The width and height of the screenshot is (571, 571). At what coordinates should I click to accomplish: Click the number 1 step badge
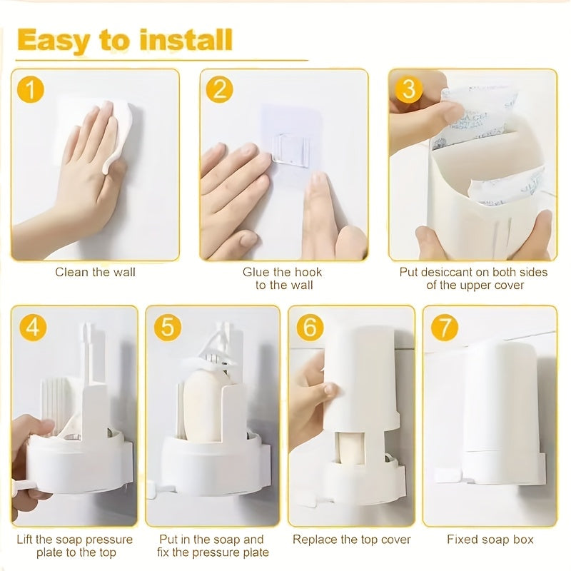[31, 90]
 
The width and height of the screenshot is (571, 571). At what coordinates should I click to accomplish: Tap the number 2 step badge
[219, 90]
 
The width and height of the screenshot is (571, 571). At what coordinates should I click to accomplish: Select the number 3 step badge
[408, 90]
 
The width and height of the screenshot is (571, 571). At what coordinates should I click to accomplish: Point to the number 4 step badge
[33, 327]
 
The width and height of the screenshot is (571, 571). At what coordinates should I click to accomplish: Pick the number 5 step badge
[167, 327]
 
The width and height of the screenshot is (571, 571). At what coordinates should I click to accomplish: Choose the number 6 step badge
[310, 327]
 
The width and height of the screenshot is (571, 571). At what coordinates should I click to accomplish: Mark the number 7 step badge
[444, 327]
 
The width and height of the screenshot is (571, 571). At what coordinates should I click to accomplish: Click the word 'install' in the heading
[186, 40]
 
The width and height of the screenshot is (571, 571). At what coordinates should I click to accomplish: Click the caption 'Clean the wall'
[95, 272]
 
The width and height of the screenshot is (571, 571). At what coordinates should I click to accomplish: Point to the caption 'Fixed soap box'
[490, 540]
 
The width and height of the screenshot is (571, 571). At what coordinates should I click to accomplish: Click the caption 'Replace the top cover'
[351, 540]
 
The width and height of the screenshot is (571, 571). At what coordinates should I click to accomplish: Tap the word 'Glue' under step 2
[256, 272]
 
